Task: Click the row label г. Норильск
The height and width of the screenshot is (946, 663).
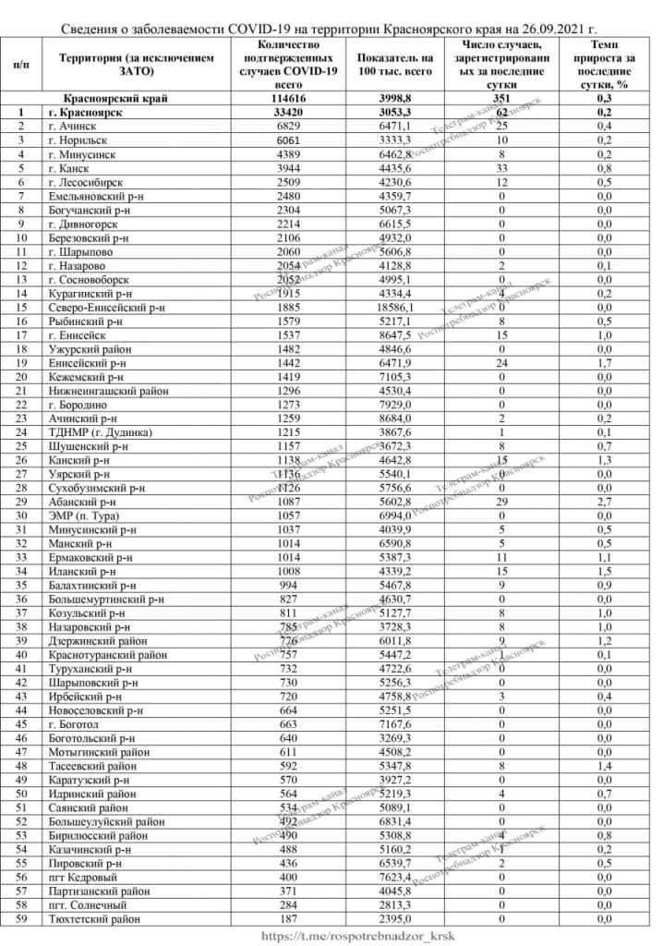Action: click(81, 139)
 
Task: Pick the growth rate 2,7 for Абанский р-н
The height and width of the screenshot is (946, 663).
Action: click(605, 502)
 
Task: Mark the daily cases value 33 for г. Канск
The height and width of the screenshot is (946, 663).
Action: click(502, 168)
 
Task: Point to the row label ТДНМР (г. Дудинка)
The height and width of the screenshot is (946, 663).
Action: click(101, 432)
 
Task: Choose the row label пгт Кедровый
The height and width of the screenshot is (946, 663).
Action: click(87, 878)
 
